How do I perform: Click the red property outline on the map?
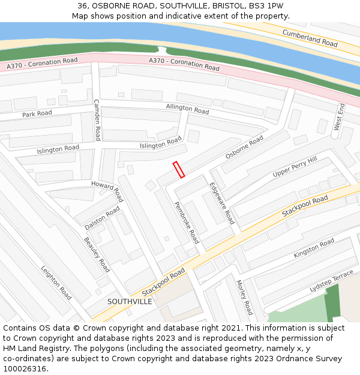point(179,170)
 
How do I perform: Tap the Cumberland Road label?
point(310,38)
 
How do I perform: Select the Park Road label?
point(37,114)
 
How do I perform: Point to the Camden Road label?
point(96,120)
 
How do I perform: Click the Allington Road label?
point(187,109)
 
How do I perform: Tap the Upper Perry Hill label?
point(295,166)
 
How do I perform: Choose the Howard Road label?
point(107,190)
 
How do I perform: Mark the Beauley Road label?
point(97,254)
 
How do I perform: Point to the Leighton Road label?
point(56,283)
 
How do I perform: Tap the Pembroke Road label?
point(187,222)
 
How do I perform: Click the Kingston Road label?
point(314,248)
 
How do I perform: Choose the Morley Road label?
point(244,298)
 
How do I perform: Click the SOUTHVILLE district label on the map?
point(130,301)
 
